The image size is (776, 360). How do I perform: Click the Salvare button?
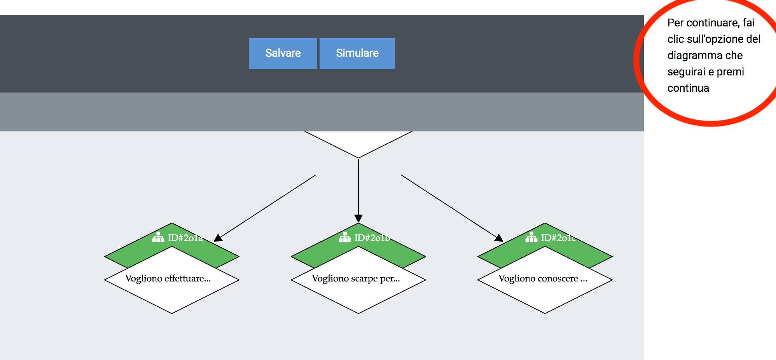[283, 54]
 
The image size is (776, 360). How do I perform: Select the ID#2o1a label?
[185, 238]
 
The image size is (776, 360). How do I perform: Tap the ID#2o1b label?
[372, 238]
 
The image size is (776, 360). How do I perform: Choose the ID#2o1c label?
[559, 238]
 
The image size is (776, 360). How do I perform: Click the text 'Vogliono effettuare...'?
[168, 278]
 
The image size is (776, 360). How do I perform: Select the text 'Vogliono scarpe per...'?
[356, 278]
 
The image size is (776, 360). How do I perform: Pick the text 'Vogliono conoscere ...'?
[543, 278]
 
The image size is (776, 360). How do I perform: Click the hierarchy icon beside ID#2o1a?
[158, 237]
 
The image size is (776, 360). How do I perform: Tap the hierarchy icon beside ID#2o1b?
[345, 237]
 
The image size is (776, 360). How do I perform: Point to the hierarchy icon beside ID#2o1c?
[531, 237]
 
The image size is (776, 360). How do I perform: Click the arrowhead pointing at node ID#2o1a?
[218, 238]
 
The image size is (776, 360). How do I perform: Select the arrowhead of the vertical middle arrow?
[358, 218]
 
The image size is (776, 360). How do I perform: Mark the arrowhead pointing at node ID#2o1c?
[499, 238]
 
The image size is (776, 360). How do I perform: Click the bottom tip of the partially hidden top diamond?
[358, 158]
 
